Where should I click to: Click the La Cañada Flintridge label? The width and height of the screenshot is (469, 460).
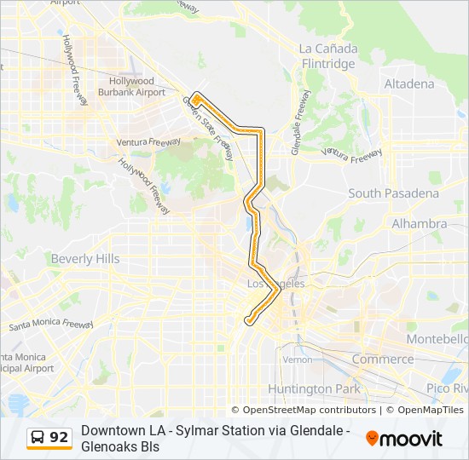tap(328, 55)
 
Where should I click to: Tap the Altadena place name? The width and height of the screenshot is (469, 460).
tap(409, 84)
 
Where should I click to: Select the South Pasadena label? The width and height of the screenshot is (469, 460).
tap(393, 193)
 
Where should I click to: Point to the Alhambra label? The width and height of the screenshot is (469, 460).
tap(419, 223)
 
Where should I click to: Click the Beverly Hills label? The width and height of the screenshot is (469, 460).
tap(85, 258)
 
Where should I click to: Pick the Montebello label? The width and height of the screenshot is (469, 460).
tap(438, 338)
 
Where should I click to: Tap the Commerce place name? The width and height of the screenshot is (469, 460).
tap(382, 359)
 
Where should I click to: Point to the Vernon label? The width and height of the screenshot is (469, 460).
tap(298, 359)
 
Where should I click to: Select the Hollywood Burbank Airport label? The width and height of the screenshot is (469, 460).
tap(132, 86)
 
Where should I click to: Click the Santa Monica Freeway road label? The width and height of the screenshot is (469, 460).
tap(51, 324)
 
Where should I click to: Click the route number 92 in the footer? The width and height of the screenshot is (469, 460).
tap(59, 437)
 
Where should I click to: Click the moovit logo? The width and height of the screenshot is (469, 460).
tap(404, 439)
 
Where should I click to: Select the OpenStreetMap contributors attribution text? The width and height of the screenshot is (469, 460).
tap(303, 410)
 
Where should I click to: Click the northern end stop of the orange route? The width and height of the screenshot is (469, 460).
tap(195, 99)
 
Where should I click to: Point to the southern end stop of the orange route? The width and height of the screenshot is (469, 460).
tap(248, 320)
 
